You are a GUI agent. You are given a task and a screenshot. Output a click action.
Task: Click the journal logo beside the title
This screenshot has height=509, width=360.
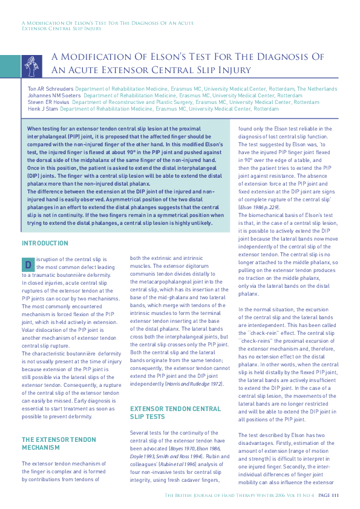[32, 63]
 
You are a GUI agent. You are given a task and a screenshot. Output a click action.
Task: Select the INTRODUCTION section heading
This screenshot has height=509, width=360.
[45, 244]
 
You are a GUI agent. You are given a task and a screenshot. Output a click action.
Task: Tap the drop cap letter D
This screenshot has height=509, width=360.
[28, 265]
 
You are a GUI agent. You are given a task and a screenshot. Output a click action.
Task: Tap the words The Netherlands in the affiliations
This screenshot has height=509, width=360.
[316, 89]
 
